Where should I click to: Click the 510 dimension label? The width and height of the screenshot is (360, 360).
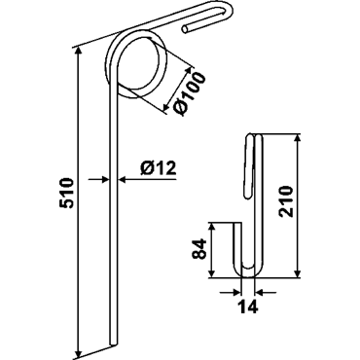(67, 193)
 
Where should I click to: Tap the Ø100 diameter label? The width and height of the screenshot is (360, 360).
(190, 94)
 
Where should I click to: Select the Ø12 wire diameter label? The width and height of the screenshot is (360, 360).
(158, 168)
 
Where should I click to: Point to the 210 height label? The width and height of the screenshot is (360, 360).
(287, 201)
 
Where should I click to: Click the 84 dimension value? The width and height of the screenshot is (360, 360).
(199, 249)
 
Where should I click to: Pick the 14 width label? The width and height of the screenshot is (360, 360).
(248, 306)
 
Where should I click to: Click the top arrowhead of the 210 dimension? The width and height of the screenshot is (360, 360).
(298, 140)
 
